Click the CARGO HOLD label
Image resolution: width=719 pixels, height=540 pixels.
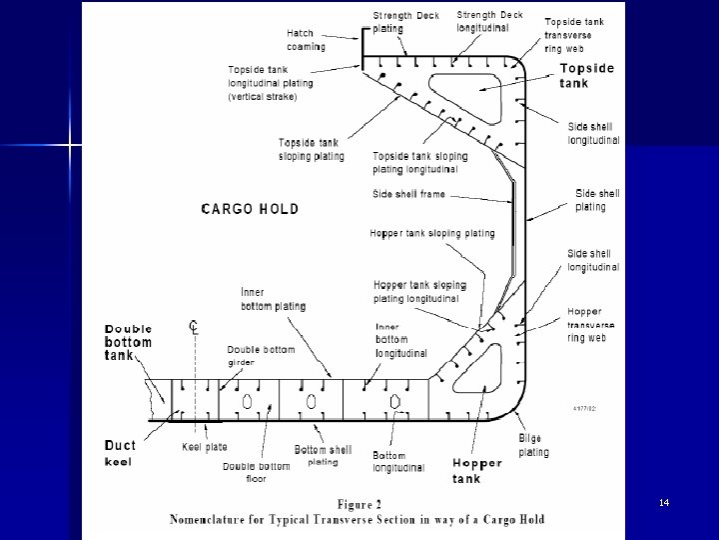250,209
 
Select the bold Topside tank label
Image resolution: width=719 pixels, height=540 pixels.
586,76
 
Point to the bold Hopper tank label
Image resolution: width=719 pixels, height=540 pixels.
477,470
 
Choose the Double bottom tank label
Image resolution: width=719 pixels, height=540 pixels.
130,342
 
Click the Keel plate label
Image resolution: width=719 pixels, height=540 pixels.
206,447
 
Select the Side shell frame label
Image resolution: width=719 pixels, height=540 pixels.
408,194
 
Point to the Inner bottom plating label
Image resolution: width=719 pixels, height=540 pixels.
273,299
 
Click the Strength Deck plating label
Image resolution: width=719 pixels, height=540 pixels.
405,21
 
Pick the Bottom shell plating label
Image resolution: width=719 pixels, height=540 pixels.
323,455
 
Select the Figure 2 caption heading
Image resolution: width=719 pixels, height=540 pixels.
359,504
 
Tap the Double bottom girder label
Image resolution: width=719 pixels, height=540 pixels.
261,355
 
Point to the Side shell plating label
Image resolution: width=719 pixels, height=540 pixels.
597,199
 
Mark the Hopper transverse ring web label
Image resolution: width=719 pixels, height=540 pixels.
587,325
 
